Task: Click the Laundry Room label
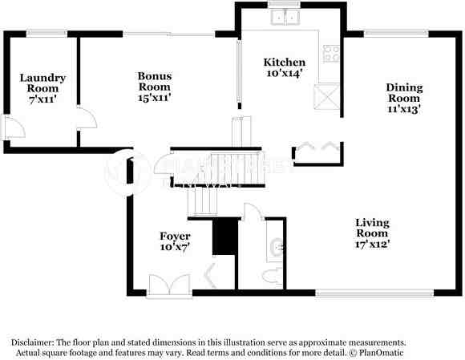42,83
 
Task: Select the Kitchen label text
285,62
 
